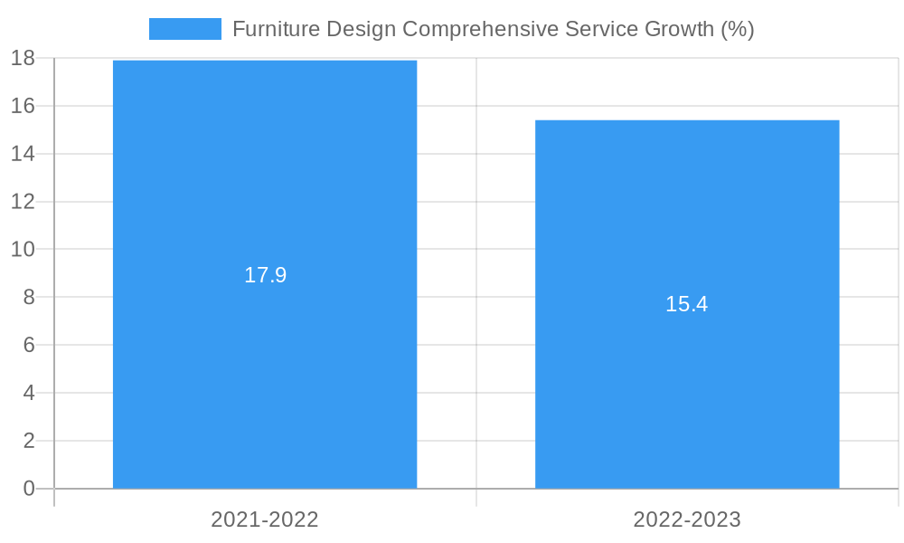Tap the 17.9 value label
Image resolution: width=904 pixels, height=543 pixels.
point(265,275)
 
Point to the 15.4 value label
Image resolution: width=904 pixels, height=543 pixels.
point(687,304)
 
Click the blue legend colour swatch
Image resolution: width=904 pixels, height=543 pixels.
point(184,29)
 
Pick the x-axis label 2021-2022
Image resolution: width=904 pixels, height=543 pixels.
point(265,519)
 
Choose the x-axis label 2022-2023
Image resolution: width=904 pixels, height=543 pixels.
point(687,519)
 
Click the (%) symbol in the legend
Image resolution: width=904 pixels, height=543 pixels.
point(738,29)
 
